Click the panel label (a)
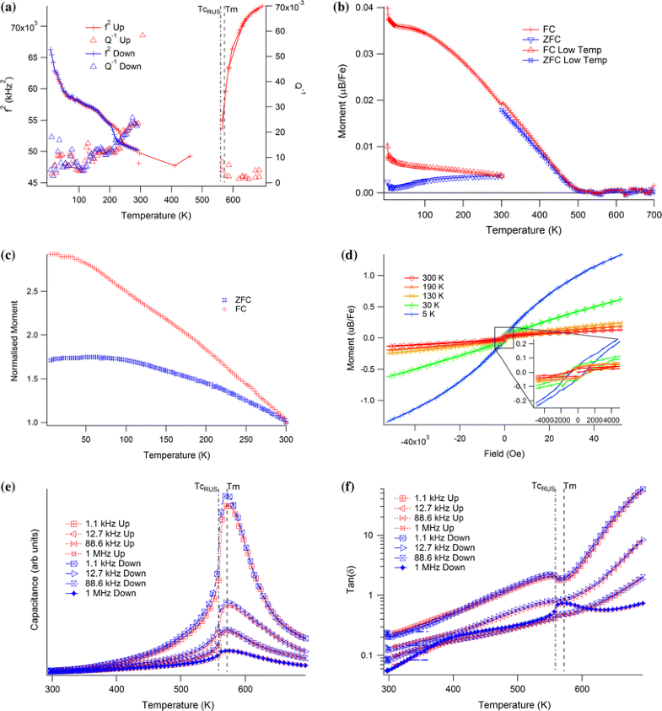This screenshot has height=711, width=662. coord(11,7)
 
